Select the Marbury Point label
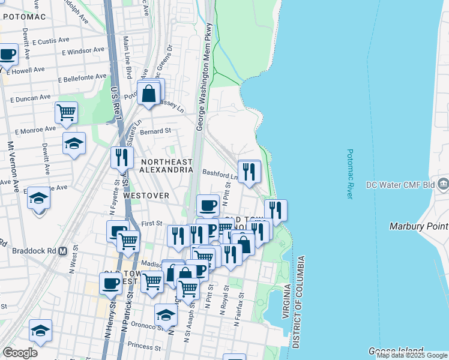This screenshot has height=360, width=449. (418, 226)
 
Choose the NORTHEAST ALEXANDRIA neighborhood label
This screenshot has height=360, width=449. (166, 166)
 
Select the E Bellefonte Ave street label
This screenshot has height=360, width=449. (82, 78)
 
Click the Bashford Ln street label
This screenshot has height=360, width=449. (220, 176)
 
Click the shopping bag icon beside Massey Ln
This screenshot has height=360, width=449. (148, 94)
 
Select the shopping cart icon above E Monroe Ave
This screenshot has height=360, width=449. (66, 112)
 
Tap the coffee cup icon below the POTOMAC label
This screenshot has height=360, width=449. (7, 55)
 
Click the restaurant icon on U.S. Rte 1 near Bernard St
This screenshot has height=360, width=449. (122, 157)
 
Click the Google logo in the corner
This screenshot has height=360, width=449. (20, 353)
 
